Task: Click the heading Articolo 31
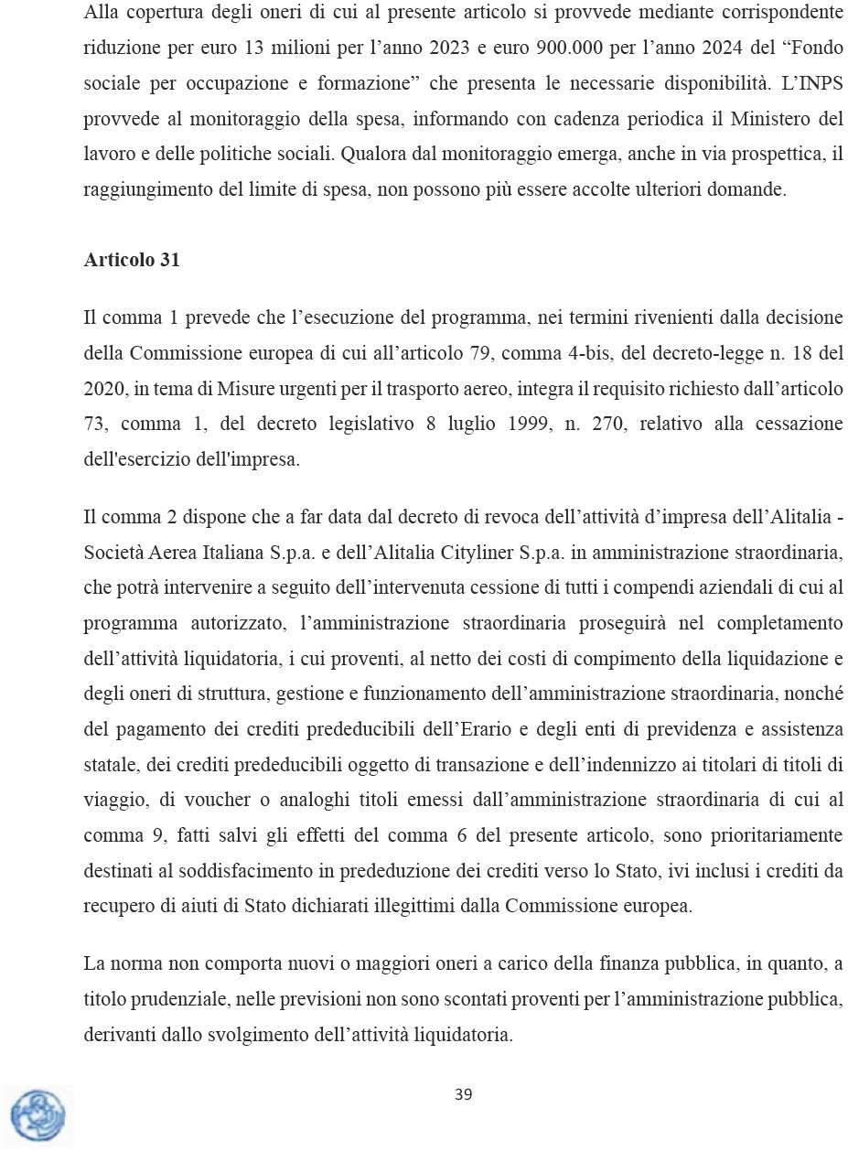(132, 260)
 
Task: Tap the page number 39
(463, 1094)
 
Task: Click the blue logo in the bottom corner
(38, 1115)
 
